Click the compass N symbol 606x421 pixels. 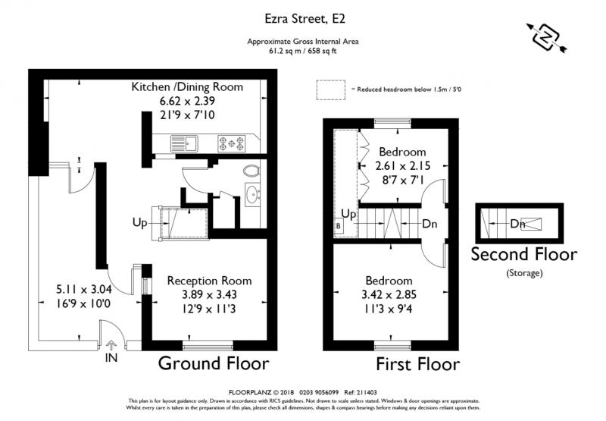[x=545, y=37]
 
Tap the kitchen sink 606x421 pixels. [x=184, y=143]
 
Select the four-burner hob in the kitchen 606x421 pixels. [x=232, y=143]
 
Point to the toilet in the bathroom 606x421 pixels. [x=251, y=170]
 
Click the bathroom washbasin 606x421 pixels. [x=253, y=193]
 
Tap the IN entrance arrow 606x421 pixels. [x=111, y=345]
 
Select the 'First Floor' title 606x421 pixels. [x=418, y=364]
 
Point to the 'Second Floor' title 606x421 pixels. [x=524, y=254]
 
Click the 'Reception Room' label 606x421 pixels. [x=209, y=281]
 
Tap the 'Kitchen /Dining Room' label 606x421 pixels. [x=187, y=86]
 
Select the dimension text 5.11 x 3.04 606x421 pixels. [x=84, y=289]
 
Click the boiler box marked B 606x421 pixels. [x=338, y=226]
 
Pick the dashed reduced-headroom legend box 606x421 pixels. [x=331, y=90]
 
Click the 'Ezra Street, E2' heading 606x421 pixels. [x=305, y=18]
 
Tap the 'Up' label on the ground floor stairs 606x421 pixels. [x=139, y=222]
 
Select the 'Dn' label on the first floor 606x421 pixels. [x=430, y=224]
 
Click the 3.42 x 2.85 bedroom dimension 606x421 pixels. [x=389, y=294]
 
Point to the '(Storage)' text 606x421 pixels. [x=524, y=273]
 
